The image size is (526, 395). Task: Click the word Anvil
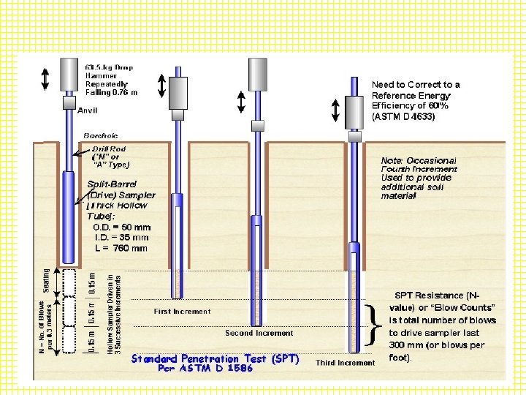(x=88, y=110)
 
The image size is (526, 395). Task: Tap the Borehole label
(x=101, y=135)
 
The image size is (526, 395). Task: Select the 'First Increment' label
(x=182, y=311)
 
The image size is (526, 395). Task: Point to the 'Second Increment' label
(x=259, y=333)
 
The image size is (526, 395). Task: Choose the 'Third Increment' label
(x=345, y=362)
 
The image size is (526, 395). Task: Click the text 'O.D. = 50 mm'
(x=121, y=227)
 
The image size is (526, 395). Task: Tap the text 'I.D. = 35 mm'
(x=121, y=237)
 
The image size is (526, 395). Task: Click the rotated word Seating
(x=47, y=282)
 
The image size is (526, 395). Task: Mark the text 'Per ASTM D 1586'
(x=206, y=369)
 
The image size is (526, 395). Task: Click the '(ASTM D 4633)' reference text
(x=403, y=116)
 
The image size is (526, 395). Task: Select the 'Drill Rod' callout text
(x=108, y=148)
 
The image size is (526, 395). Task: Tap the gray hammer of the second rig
(x=180, y=92)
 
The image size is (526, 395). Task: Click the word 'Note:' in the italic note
(x=394, y=160)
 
